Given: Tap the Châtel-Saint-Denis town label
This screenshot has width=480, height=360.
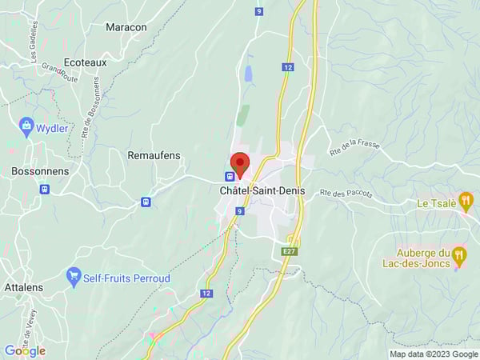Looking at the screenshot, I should (259, 191).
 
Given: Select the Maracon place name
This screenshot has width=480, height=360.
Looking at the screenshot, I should (126, 27).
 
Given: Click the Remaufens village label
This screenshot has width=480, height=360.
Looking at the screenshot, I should (154, 154).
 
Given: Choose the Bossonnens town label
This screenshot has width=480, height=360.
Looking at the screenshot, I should (40, 171).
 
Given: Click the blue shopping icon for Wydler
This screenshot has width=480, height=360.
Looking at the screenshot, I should (26, 126).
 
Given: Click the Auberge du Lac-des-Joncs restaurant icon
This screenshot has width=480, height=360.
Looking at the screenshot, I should (459, 256).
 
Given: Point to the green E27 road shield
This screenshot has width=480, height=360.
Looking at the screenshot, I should (289, 251).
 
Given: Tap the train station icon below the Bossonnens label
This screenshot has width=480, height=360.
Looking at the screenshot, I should (44, 190).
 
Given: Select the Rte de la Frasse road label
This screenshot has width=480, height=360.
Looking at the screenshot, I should (354, 148).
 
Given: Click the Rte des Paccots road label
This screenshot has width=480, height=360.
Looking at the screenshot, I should (347, 193).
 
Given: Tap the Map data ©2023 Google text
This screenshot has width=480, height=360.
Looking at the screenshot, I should (433, 354).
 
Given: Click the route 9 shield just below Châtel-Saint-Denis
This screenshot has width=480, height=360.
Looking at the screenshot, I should (239, 211).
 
